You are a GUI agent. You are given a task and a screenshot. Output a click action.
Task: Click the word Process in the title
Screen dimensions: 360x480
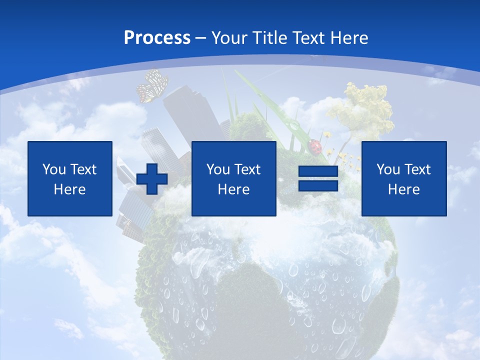point(157,38)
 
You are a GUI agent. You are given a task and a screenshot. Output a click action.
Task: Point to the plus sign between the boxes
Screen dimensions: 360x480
point(152,178)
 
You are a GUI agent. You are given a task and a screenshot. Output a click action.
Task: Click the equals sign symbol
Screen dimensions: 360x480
point(318,178)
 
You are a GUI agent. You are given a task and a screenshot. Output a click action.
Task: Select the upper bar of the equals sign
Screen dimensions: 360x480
point(318,171)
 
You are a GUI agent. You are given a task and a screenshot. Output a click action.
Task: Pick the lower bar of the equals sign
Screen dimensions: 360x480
point(318,185)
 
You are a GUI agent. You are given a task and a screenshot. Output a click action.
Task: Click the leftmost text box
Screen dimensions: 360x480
point(70,178)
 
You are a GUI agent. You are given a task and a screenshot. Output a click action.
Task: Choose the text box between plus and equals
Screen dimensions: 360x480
point(234,178)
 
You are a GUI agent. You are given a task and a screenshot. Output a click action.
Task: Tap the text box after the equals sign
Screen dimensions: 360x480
point(404,178)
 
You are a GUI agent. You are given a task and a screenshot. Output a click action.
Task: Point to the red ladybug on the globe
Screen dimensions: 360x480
point(315,146)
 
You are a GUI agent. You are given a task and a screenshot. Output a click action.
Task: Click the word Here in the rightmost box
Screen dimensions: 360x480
point(404,189)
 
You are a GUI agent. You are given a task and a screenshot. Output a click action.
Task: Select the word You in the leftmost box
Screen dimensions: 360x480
point(53,169)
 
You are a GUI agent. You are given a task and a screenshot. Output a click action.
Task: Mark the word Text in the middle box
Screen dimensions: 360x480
point(247,169)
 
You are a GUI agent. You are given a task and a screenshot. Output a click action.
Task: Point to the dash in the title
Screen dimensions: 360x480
point(201,38)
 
